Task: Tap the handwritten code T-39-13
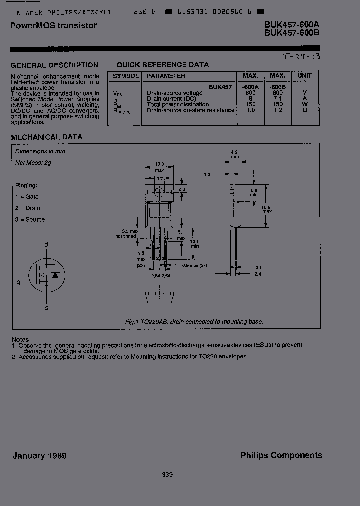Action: (301, 57)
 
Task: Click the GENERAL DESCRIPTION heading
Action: (54, 65)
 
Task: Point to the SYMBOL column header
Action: (126, 76)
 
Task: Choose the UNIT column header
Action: (304, 76)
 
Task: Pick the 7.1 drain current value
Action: (278, 99)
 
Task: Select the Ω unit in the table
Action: (304, 110)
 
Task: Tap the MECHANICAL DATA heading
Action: (46, 137)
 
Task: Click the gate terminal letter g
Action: (18, 282)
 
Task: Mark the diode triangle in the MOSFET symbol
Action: (55, 275)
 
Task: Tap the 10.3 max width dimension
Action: (159, 167)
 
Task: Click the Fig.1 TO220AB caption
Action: (194, 322)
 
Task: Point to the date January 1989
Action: (39, 455)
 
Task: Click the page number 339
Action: (167, 474)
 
